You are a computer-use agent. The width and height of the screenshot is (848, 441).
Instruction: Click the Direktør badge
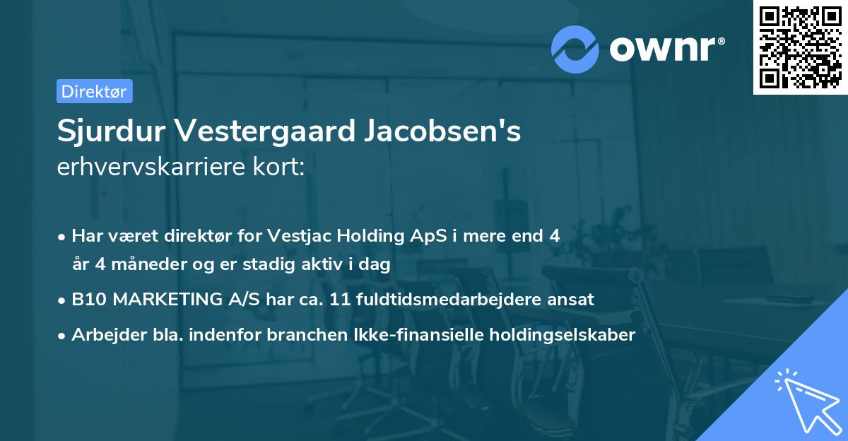pyautogui.click(x=94, y=91)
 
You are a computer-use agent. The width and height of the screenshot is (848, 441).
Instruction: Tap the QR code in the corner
pyautogui.click(x=799, y=47)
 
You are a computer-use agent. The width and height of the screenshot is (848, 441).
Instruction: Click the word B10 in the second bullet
pyautogui.click(x=88, y=299)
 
